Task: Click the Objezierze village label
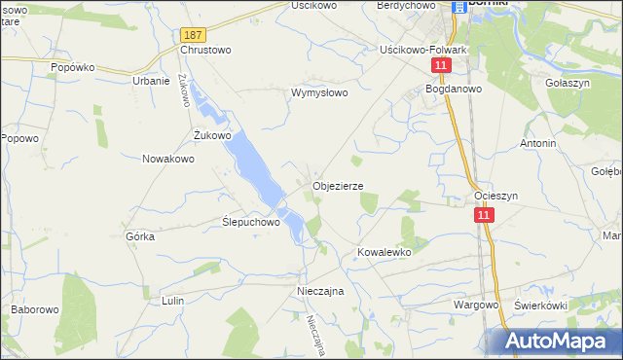338,186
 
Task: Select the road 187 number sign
192,34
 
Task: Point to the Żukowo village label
212,135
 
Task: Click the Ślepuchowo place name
252,222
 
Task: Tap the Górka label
141,236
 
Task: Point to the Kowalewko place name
385,252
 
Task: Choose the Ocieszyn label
495,196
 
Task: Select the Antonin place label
538,143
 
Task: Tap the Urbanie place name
151,81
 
